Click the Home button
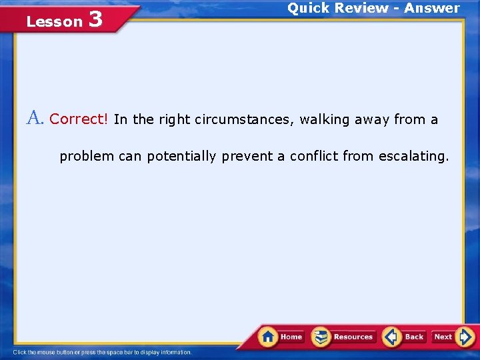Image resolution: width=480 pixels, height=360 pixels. point(281,337)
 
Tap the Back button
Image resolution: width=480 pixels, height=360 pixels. point(405,337)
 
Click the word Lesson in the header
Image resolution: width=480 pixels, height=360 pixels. point(54,22)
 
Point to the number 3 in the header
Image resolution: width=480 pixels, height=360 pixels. point(95,20)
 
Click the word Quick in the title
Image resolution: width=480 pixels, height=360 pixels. point(310,8)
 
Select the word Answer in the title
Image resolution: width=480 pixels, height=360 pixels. point(431,8)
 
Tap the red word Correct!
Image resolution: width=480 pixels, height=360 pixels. point(79,119)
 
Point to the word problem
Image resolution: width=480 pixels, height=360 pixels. point(87,157)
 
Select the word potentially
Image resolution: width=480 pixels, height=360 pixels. point(181,157)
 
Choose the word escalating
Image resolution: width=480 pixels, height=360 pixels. point(413,157)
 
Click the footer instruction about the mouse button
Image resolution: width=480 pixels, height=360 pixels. point(103,352)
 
